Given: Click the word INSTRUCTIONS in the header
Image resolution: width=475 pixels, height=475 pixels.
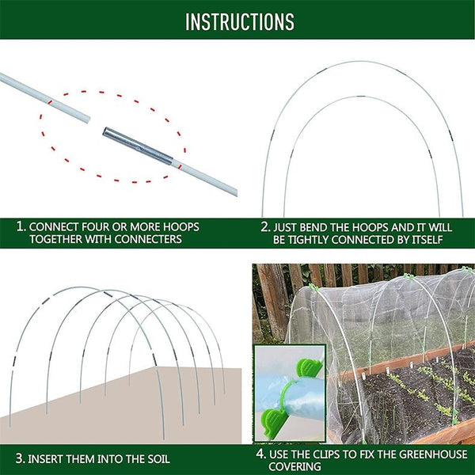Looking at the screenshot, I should [239, 21].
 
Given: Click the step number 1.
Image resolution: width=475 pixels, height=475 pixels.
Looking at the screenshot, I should [21, 227].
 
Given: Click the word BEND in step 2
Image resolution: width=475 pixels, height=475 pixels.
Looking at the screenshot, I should [321, 227].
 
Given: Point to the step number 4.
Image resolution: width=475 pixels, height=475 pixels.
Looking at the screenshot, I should [260, 454].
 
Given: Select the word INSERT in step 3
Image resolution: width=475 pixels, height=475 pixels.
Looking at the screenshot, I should [47, 458].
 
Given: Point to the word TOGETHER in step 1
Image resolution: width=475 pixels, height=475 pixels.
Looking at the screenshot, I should [57, 239].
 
